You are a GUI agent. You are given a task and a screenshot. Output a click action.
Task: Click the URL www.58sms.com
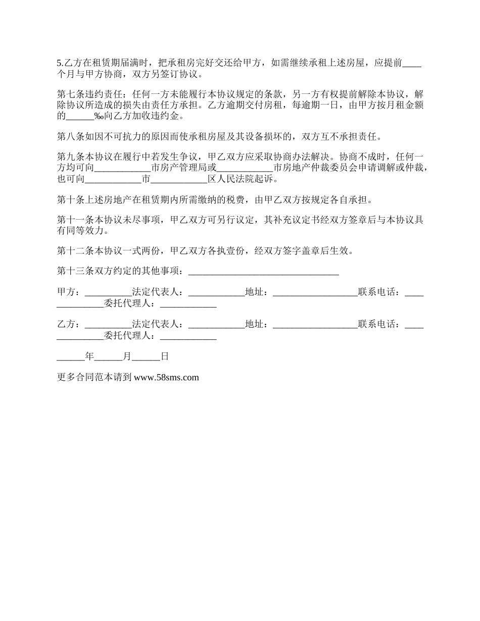166,377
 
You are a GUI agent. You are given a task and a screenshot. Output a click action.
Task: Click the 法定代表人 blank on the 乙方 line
216,325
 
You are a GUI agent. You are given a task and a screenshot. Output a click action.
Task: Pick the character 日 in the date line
164,356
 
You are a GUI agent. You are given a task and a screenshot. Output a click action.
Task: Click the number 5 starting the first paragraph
59,63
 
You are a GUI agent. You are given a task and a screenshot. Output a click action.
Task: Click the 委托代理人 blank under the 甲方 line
188,304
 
